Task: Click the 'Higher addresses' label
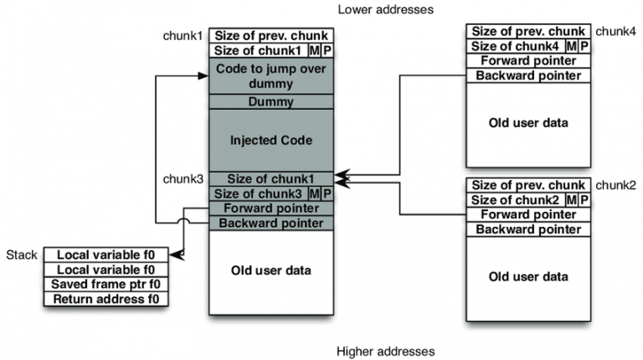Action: (x=385, y=351)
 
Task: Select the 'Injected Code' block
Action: (x=271, y=140)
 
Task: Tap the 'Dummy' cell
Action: (x=271, y=102)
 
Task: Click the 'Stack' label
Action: (x=23, y=255)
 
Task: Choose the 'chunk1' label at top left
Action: (x=183, y=36)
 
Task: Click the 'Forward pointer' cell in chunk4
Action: (x=524, y=61)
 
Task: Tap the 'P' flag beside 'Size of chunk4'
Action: (x=584, y=47)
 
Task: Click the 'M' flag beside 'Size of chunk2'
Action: (x=572, y=200)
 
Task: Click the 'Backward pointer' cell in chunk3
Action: (x=271, y=223)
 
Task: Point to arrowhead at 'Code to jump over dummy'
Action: (x=203, y=75)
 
